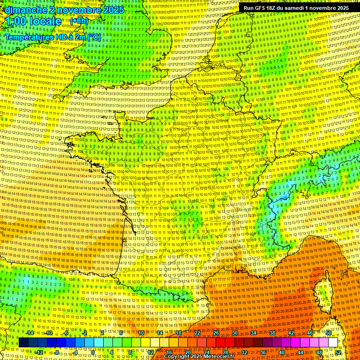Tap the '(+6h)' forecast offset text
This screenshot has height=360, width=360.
[x=79, y=21]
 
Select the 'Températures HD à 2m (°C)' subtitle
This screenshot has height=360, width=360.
[x=52, y=37]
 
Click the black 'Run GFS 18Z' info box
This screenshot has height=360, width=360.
[x=296, y=8]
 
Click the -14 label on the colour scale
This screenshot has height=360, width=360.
[x=30, y=333]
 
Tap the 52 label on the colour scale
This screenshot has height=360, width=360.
[x=338, y=352]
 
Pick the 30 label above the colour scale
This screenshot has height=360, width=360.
[x=235, y=333]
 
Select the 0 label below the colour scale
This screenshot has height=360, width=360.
[x=93, y=352]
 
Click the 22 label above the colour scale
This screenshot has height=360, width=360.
[x=197, y=333]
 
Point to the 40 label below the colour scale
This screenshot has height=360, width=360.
[x=282, y=352]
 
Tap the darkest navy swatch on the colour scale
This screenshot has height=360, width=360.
[x=23, y=343]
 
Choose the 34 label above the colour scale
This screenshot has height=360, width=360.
[x=254, y=333]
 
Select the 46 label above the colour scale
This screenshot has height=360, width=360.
[x=310, y=333]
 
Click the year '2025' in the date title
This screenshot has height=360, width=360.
[x=113, y=10]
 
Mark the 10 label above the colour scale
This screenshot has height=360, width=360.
[x=141, y=333]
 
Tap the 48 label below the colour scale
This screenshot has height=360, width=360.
[x=319, y=352]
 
